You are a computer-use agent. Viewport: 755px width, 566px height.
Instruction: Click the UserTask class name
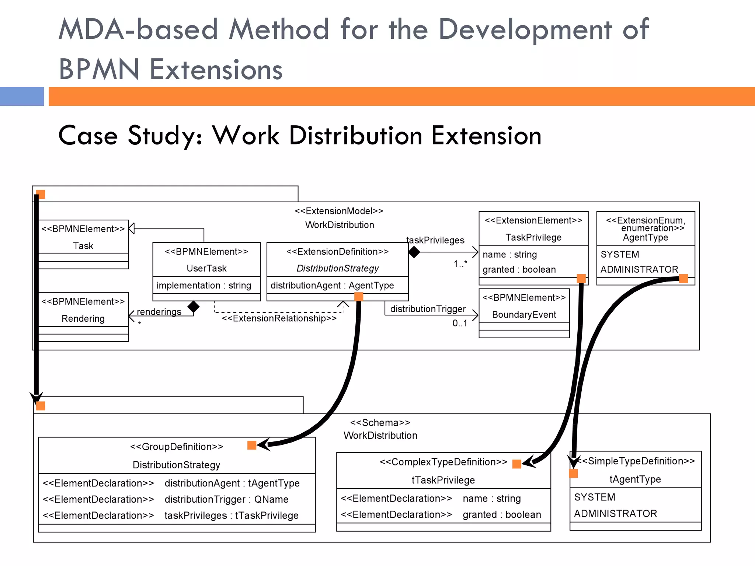pos(206,268)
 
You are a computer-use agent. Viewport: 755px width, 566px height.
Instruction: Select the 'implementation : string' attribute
pos(203,286)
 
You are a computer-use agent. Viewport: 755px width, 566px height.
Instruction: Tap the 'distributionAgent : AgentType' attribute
pos(332,286)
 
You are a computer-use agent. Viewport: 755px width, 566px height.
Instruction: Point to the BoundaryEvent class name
pos(524,315)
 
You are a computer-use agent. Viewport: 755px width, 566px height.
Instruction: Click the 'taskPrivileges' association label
pos(435,240)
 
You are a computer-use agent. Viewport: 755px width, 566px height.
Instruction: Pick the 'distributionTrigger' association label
pos(428,309)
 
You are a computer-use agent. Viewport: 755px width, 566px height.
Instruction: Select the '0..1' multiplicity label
pos(460,323)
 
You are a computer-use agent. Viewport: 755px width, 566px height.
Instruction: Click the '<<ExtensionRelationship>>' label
pos(279,318)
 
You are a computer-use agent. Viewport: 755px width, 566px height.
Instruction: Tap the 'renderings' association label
pos(159,312)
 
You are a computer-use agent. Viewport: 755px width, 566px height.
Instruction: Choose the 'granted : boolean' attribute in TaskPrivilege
pos(519,269)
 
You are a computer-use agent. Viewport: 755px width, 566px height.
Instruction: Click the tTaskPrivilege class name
pos(443,480)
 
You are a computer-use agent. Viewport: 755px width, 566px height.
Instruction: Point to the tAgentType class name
pos(635,479)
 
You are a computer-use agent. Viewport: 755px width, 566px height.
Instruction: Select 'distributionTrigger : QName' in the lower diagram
pos(226,499)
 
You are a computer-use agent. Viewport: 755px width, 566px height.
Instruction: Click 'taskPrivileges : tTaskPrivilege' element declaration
pos(231,516)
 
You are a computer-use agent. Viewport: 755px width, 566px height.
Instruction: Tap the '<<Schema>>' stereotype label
pos(380,423)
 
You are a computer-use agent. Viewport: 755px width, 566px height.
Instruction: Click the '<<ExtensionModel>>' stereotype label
pos(339,211)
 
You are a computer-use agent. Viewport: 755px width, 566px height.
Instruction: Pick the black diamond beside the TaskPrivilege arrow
pos(414,252)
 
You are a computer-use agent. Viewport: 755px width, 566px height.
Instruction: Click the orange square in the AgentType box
pos(683,279)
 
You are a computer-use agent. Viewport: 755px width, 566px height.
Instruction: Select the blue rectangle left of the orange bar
pos(22,97)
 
